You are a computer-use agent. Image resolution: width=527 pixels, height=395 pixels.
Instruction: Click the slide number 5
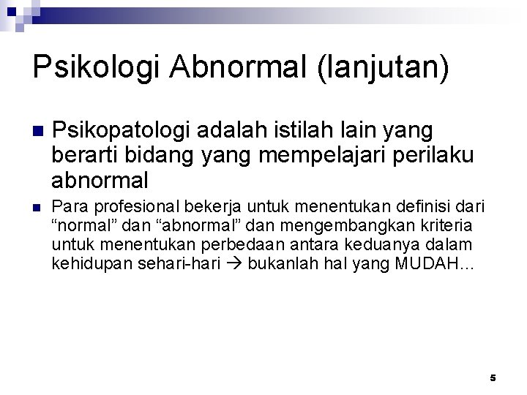tap(493, 377)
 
